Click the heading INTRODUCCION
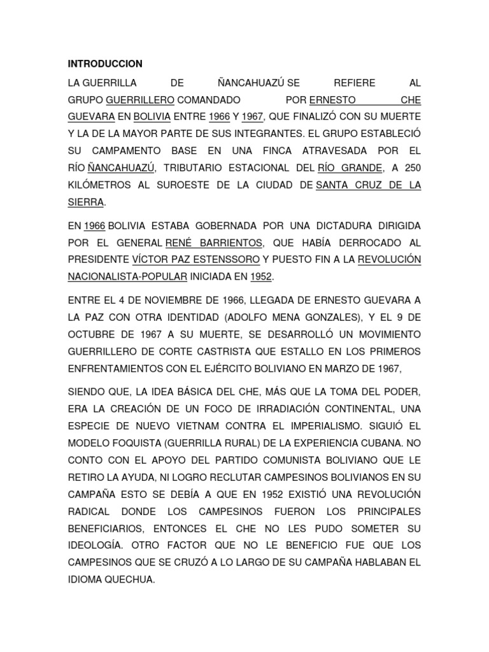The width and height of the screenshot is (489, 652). coord(105,64)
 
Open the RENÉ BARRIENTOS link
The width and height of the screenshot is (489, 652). coord(213,243)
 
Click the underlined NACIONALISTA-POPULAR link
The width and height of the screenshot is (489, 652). coord(127,277)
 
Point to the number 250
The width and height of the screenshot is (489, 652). coord(413,168)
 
